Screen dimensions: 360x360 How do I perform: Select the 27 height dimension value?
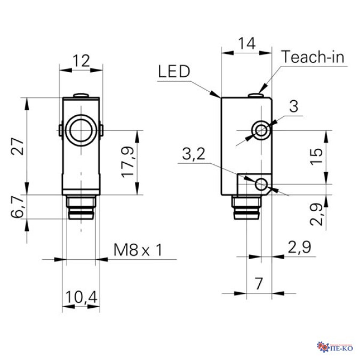(x=19, y=146)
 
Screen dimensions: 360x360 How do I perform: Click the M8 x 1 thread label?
(x=138, y=250)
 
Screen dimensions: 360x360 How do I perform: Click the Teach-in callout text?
(x=314, y=56)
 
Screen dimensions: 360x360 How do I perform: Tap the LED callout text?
(x=173, y=72)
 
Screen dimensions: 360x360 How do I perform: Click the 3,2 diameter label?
(x=193, y=155)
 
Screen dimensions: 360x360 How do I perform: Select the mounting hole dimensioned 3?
(x=261, y=129)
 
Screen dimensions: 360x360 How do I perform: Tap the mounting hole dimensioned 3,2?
(x=261, y=185)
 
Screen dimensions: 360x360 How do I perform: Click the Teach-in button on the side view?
(x=258, y=95)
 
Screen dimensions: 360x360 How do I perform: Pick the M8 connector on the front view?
(x=80, y=209)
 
